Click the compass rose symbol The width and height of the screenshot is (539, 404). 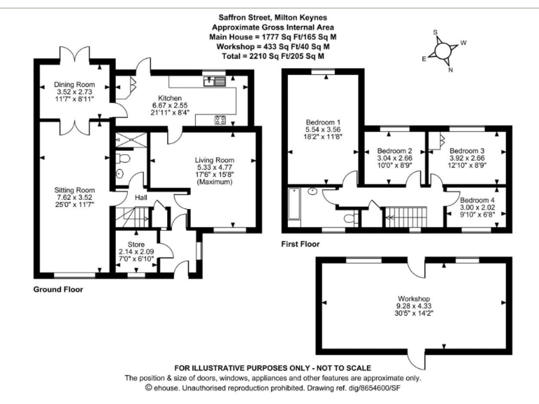[x=444, y=50]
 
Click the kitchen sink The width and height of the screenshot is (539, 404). [x=215, y=81]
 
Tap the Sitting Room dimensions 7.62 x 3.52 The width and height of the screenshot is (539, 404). [x=75, y=198]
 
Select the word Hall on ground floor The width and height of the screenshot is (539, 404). [x=141, y=198]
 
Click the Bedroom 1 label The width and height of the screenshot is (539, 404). [x=322, y=121]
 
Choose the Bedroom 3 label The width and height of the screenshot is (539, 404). [x=467, y=151]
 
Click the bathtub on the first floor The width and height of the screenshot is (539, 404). [x=294, y=204]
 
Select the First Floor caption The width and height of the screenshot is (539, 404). [x=300, y=245]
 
